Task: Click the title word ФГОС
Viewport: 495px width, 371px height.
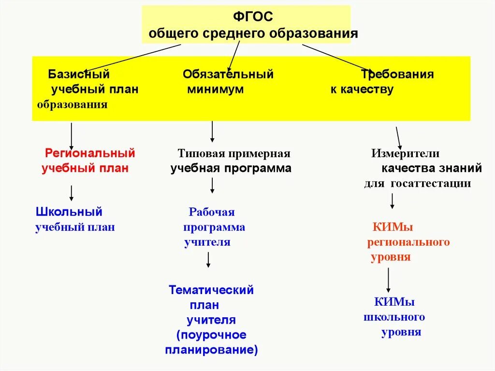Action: pos(253,17)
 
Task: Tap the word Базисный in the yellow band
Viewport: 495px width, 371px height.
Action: pos(79,74)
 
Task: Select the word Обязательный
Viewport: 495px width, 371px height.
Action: pos(228,74)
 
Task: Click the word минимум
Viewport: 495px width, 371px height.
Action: pos(215,89)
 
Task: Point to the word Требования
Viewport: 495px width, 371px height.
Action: pos(397,74)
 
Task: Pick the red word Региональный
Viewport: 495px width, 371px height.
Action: pos(90,153)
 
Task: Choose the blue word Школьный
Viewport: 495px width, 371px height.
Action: pos(69,211)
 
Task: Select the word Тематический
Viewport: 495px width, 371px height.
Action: pos(211,290)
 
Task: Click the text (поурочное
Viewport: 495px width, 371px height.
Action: pos(211,335)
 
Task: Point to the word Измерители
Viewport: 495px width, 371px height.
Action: pos(405,154)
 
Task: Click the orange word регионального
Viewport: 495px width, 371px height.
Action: pos(408,242)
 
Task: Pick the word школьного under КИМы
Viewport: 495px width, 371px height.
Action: pos(394,317)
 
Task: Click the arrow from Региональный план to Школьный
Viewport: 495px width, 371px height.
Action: pos(72,193)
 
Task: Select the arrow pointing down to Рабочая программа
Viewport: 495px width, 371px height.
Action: pos(212,186)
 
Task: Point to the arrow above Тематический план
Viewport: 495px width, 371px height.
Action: pos(208,259)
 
